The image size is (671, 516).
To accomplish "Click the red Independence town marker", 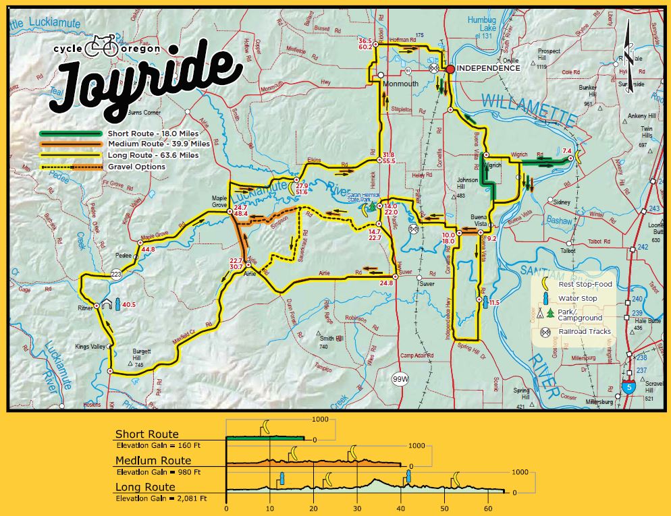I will point(450,68).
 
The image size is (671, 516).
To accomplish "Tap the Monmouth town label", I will point(401,84).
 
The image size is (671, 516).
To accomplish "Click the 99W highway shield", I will point(400,380).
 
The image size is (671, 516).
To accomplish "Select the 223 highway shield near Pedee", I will point(115,274).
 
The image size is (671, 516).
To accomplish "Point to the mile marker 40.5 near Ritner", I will point(129,305).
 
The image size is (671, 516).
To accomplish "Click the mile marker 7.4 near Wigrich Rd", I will point(566,150).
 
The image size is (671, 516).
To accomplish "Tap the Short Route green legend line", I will point(70,134).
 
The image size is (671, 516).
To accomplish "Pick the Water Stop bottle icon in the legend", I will point(543,297).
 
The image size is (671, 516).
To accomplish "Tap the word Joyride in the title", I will point(145,82).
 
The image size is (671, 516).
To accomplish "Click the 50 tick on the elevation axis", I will point(444,507).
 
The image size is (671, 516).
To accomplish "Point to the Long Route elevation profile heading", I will point(145,487).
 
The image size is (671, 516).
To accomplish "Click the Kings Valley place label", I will point(90,346).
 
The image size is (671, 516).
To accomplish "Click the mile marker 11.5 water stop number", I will point(494,303).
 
